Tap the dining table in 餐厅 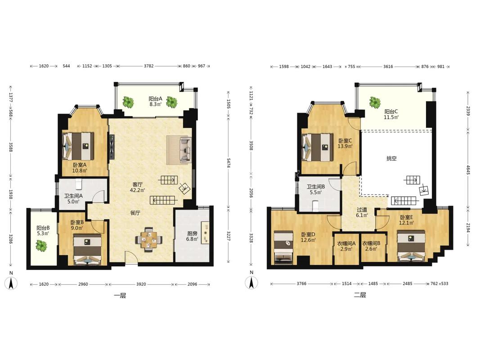coord(149,239)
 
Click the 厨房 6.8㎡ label coord(193,236)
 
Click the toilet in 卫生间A coord(79,184)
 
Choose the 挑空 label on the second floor coord(391,158)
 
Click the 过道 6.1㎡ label coord(362,212)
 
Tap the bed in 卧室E coord(411,246)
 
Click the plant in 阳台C coord(374,102)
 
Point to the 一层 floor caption coord(120,296)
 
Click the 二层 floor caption coord(360,295)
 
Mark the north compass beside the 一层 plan coord(11,282)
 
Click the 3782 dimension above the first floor coord(149,66)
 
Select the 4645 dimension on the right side coord(468,170)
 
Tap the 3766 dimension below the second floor coord(301,284)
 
